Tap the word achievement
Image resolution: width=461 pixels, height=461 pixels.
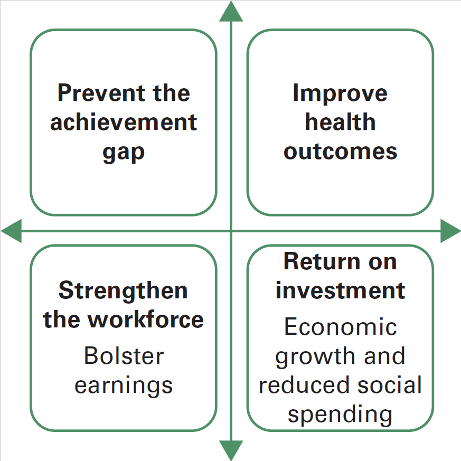tap(124, 122)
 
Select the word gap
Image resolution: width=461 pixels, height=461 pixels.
tap(124, 154)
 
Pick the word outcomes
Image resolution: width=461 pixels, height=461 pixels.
tap(340, 152)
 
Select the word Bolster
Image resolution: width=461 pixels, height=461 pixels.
tap(124, 355)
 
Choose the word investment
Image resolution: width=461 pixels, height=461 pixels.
tap(340, 290)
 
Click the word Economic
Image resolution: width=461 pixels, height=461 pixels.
tap(341, 326)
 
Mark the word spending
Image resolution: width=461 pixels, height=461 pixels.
tap(340, 415)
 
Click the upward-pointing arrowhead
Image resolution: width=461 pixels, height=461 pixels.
tap(231, 11)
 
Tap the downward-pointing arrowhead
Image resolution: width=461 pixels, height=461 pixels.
tap(231, 450)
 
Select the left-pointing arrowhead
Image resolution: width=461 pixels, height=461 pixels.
tap(11, 231)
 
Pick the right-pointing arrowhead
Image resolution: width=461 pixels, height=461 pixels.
tap(450, 231)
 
